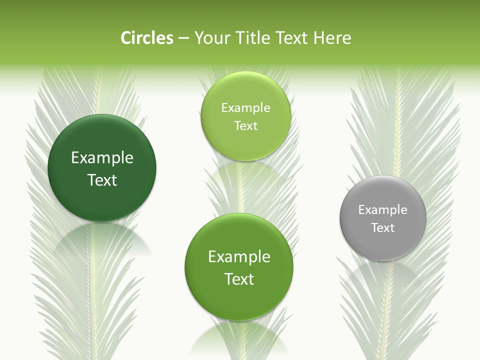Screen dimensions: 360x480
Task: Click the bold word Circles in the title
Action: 146,38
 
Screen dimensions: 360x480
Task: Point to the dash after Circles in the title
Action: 183,38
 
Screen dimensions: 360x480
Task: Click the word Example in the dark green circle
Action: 102,158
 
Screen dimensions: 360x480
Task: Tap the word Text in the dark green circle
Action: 102,180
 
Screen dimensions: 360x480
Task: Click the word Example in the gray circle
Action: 383,210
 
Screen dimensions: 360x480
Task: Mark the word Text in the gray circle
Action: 383,228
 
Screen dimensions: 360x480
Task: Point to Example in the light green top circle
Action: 245,108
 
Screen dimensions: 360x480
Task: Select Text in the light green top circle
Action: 245,125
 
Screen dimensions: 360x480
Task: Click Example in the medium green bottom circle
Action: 239,257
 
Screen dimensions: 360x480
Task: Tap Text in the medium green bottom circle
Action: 239,279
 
